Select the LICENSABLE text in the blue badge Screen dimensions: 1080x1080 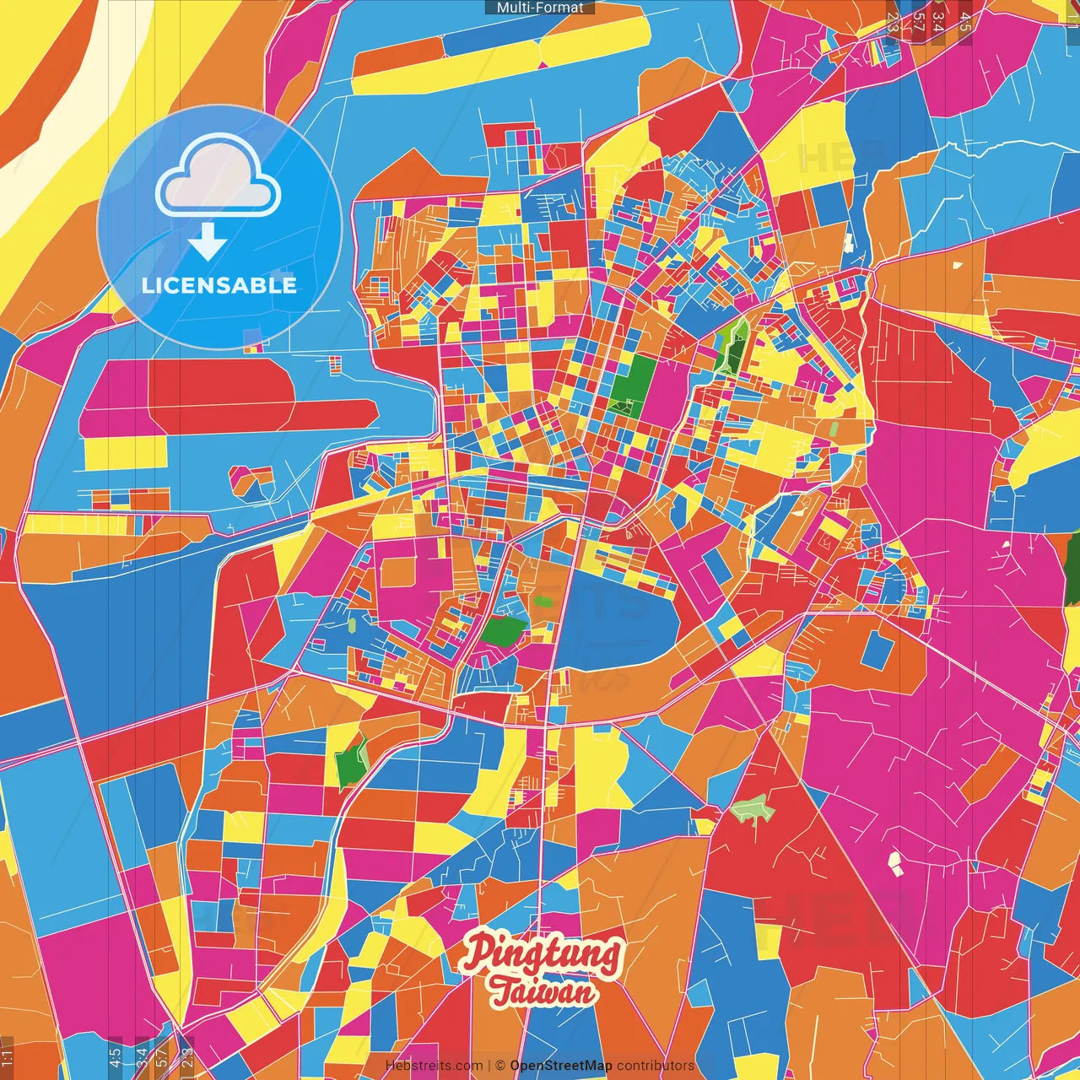click(x=219, y=285)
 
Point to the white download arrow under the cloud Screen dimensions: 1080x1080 click(x=207, y=242)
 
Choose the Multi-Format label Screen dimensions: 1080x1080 click(x=540, y=8)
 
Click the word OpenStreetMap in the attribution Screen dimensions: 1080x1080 click(x=560, y=1066)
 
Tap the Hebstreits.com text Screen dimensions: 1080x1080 click(x=434, y=1066)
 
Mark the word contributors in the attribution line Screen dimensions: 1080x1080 click(x=656, y=1066)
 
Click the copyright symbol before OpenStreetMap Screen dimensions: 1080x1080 click(x=500, y=1066)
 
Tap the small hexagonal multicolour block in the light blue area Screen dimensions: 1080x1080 click(x=251, y=481)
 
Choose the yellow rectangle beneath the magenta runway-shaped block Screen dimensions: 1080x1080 click(x=127, y=453)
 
